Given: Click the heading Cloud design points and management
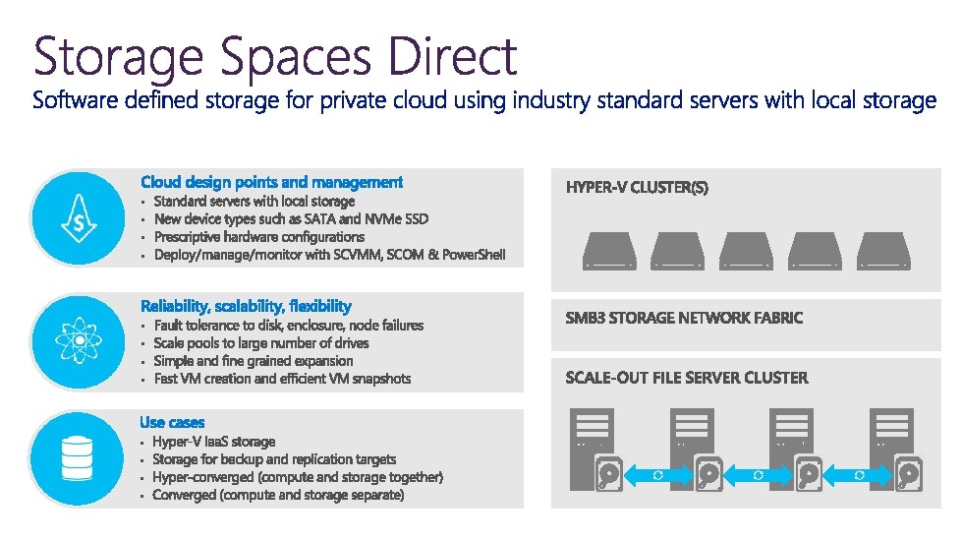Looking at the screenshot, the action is click(271, 182).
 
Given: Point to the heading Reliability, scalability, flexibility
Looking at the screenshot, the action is click(246, 306).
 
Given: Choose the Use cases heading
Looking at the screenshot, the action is click(172, 422).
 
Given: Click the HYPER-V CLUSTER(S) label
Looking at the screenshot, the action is click(637, 187).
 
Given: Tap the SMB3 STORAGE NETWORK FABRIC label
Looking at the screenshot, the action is click(684, 318).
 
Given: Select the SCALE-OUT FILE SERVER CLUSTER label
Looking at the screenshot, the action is click(687, 378).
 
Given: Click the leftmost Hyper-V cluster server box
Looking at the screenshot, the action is click(609, 250).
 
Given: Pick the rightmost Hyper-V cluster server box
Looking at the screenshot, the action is click(883, 250).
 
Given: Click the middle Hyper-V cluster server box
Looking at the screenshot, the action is click(747, 250).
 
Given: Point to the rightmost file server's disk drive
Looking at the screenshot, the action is click(908, 475).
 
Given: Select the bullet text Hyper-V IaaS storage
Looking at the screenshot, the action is click(213, 442).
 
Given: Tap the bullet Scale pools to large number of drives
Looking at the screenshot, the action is click(261, 343).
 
